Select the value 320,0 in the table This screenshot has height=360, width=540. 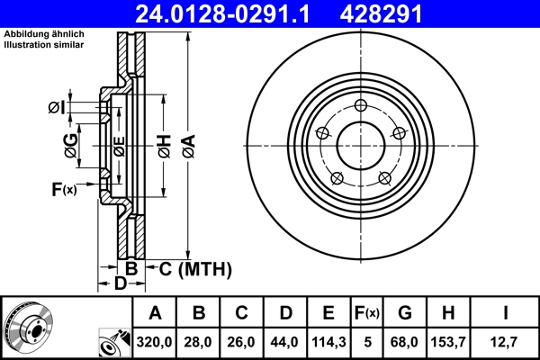pos(155,342)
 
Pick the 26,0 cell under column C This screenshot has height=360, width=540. pos(242,342)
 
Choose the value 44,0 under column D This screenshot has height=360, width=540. pos(285,342)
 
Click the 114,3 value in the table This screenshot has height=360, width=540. pos(328,342)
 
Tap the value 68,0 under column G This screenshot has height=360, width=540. pos(405,342)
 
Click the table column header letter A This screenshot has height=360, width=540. pos(155,313)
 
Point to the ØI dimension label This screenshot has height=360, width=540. pos(57,108)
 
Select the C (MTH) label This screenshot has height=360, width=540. pos(195,268)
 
